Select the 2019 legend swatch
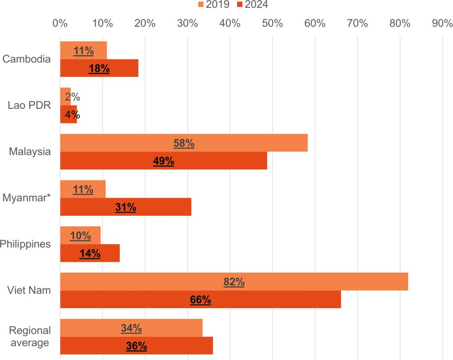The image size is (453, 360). coord(200,5)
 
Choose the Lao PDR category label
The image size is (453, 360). coord(29,105)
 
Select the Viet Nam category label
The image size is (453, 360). coord(29,291)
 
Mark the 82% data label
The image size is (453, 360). coord(234,282)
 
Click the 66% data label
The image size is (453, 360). coord(200,300)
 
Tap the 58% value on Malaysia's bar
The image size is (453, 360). coord(184,143)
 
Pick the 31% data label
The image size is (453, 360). coord(125,207)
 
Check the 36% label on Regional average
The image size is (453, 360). coord(136,346)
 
